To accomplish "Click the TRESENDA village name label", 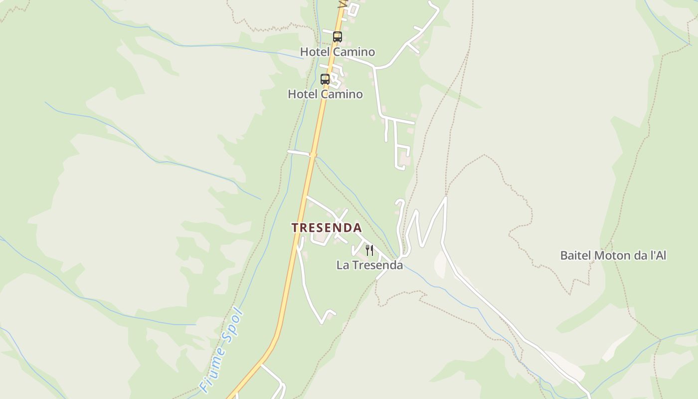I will click(327, 228).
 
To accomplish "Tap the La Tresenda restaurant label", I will click(369, 265).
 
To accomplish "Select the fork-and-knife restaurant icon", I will click(369, 250).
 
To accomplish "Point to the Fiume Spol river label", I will click(221, 351).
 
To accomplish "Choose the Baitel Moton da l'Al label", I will click(613, 255).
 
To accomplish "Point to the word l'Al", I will click(658, 255).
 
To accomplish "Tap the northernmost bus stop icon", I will click(338, 36).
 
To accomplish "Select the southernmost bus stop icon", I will click(325, 79).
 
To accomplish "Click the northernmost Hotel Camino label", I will click(338, 52).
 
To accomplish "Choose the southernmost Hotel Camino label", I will click(326, 94).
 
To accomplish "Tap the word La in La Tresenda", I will click(343, 265).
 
